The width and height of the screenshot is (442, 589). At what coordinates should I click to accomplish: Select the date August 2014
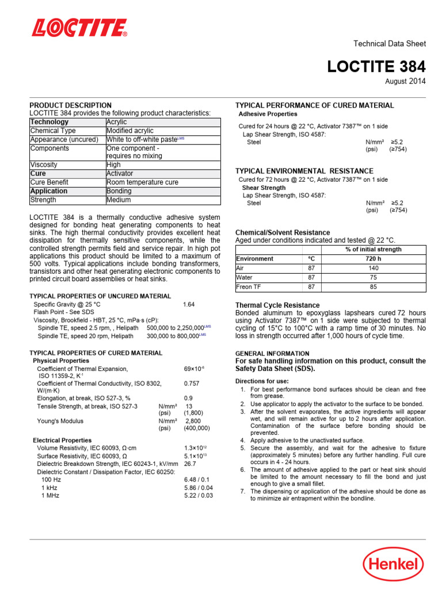[405, 81]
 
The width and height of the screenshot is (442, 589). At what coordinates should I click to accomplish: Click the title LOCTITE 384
[376, 67]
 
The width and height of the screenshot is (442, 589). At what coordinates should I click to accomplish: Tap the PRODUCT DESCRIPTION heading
[71, 105]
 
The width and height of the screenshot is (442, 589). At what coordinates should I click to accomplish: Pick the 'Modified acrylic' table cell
[130, 131]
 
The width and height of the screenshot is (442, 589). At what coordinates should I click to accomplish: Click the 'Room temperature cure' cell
[143, 182]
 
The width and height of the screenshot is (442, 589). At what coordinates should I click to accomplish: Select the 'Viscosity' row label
[44, 165]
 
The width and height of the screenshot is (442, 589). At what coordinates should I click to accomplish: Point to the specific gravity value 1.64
[189, 304]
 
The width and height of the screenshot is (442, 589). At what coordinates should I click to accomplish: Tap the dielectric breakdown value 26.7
[190, 462]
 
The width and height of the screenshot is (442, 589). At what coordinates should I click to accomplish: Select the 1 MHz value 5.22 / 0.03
[198, 495]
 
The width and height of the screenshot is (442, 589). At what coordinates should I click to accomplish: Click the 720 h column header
[373, 259]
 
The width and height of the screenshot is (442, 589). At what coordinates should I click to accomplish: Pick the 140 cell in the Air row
[373, 268]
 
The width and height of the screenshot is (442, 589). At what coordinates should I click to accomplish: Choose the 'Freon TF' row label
[250, 286]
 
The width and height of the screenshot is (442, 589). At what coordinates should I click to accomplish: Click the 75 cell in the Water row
[373, 277]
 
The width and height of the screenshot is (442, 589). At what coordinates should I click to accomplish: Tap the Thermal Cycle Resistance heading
[277, 305]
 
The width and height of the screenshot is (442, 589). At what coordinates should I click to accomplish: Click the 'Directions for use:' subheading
[262, 381]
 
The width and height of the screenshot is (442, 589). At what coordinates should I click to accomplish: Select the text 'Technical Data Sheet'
[389, 44]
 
